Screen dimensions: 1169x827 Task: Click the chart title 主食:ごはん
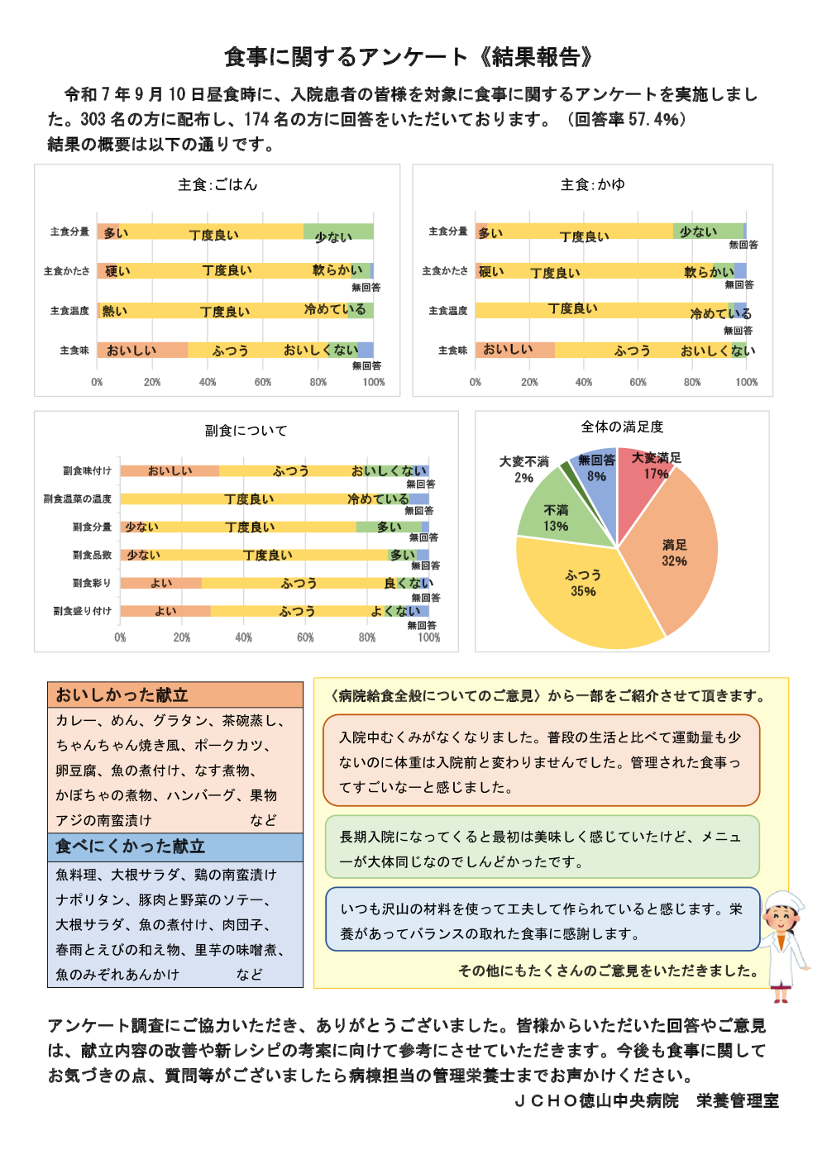tap(218, 184)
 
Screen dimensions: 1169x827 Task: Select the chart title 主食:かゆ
tap(593, 184)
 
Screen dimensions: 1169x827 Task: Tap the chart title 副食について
tap(246, 431)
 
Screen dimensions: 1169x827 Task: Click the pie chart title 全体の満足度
tap(622, 427)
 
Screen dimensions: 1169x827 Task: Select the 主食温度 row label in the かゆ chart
tap(448, 311)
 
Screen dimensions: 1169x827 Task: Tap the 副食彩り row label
tap(91, 583)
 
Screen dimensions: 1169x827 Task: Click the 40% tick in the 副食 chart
tap(243, 637)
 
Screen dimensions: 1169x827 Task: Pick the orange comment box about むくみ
tap(541, 761)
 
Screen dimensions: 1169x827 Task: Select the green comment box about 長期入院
tap(541, 847)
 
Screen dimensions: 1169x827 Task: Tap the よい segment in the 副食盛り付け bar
tap(165, 611)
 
